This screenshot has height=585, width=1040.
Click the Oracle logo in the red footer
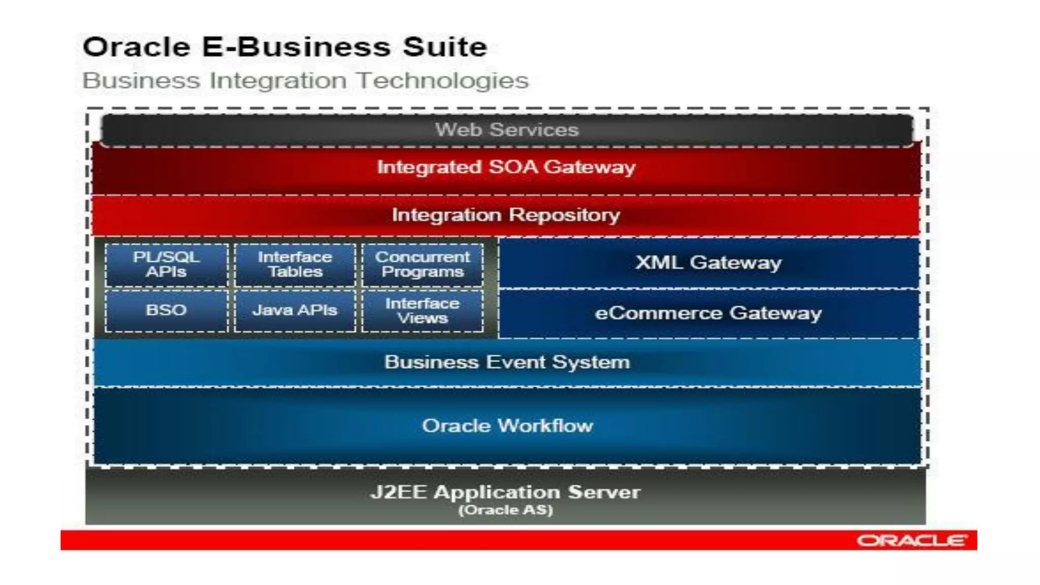pyautogui.click(x=912, y=540)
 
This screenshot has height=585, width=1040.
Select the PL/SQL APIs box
pyautogui.click(x=166, y=265)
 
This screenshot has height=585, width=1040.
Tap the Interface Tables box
pyautogui.click(x=295, y=265)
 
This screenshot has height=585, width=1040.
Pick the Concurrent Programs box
pyautogui.click(x=422, y=265)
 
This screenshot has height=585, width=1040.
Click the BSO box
pyautogui.click(x=166, y=310)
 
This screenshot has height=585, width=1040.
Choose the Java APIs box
pyautogui.click(x=295, y=310)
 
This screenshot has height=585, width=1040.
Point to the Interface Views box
pyautogui.click(x=422, y=311)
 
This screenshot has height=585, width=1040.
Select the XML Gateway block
pyautogui.click(x=708, y=263)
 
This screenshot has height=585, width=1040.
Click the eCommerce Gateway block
pyautogui.click(x=708, y=313)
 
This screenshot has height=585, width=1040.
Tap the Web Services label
pyautogui.click(x=507, y=130)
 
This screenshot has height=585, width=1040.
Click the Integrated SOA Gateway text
pyautogui.click(x=506, y=167)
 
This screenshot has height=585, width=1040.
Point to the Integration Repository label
pyautogui.click(x=506, y=215)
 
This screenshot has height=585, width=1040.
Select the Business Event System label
pyautogui.click(x=507, y=362)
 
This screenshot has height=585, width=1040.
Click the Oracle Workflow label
pyautogui.click(x=507, y=426)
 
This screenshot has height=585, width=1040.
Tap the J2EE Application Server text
pyautogui.click(x=506, y=492)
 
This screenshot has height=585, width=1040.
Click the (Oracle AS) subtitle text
pyautogui.click(x=506, y=510)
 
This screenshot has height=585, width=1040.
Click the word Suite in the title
pyautogui.click(x=445, y=47)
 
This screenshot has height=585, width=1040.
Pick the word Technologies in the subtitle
pyautogui.click(x=442, y=81)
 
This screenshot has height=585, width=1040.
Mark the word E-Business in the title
pyautogui.click(x=297, y=47)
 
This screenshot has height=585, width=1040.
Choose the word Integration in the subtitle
pyautogui.click(x=279, y=81)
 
